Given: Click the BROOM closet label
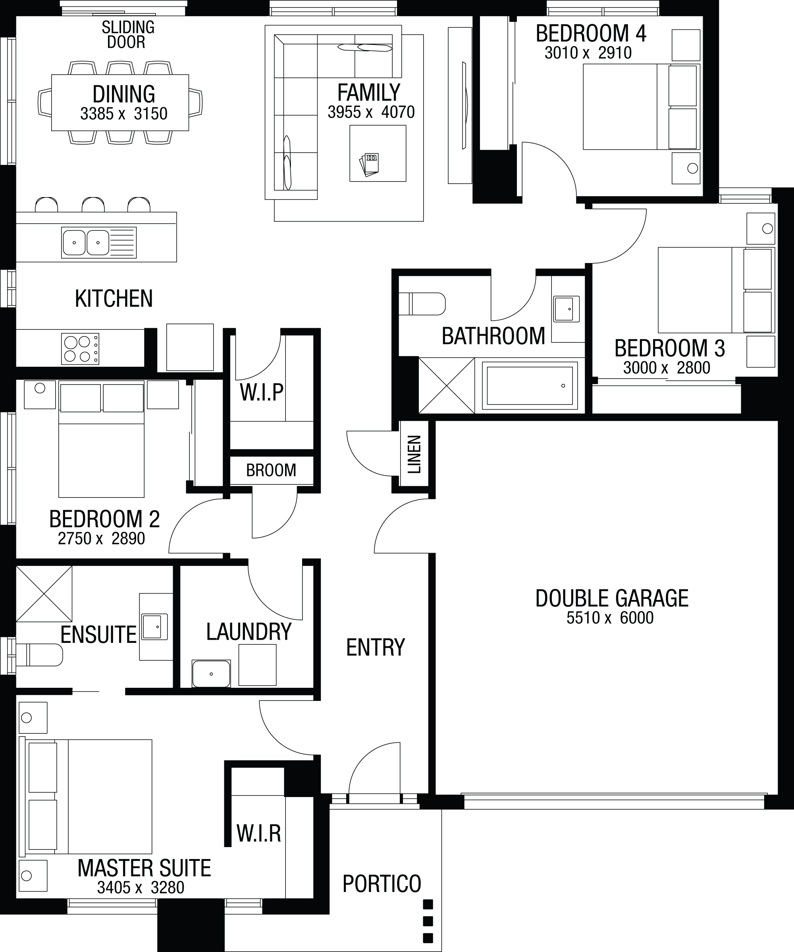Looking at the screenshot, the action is [x=271, y=470].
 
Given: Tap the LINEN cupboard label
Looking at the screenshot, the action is [x=414, y=454].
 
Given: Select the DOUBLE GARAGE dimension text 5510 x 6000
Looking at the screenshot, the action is [x=610, y=617].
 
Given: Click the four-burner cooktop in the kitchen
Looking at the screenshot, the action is [x=80, y=348].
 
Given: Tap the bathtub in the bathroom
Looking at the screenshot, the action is [x=530, y=386].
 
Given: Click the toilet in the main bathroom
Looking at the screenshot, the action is [x=422, y=304].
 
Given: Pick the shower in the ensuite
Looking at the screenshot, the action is [x=44, y=594].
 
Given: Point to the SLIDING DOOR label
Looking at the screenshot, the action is [x=128, y=35].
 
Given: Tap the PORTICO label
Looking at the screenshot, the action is [x=382, y=884].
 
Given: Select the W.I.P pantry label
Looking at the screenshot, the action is [x=261, y=393].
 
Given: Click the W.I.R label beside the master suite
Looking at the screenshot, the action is [x=258, y=833].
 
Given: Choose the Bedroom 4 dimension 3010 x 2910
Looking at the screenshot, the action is [x=588, y=52].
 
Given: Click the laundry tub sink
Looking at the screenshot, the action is [x=211, y=673].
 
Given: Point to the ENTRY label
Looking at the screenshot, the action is [x=376, y=647].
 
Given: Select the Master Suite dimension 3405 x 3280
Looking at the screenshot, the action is [x=141, y=887].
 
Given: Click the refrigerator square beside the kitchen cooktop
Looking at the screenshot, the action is [x=190, y=347].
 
